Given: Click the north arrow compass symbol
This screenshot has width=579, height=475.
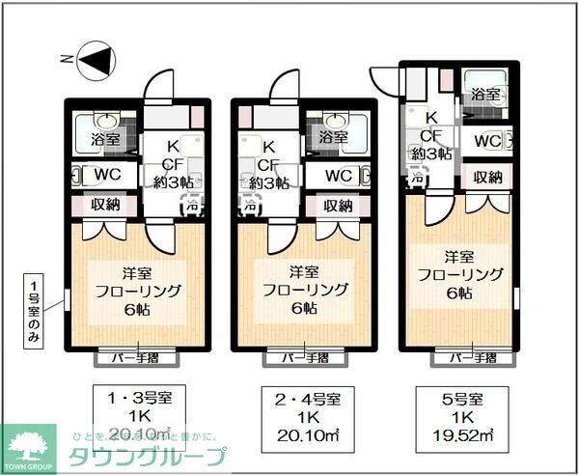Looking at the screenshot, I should coord(93,61).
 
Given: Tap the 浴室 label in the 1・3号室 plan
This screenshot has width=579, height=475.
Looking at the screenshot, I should coord(100,138).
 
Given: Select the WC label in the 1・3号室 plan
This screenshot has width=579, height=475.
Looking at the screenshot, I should coord(105,175).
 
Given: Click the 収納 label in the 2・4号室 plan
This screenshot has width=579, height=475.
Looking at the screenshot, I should coord(338,206).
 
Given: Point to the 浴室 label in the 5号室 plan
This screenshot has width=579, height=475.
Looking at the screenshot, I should coord(485,95).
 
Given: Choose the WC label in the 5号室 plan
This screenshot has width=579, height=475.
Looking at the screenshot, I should coord(486,142).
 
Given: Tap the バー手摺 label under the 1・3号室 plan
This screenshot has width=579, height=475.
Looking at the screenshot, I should coord(136,358).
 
